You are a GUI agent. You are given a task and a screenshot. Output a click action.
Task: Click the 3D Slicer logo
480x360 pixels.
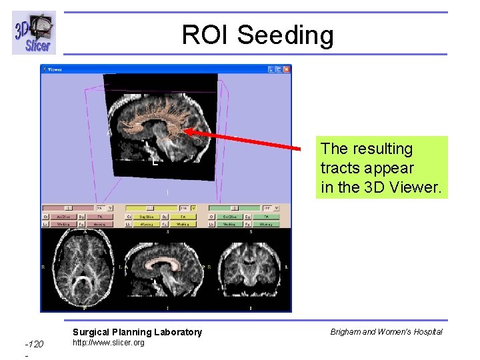(x=34, y=33)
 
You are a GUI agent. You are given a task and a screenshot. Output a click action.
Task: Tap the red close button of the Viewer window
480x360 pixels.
(x=287, y=69)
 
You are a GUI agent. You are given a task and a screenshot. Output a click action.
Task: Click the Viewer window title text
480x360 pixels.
(x=54, y=69)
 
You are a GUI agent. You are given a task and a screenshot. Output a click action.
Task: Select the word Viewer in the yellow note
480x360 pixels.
(x=413, y=187)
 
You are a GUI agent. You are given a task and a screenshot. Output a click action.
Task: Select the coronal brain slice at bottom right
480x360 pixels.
(x=250, y=270)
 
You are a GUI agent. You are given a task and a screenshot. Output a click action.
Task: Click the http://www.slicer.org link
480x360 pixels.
(x=108, y=343)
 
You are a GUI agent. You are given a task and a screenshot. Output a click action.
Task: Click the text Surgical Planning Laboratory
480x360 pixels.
(x=137, y=332)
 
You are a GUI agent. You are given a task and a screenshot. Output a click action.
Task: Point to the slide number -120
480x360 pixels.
(x=34, y=344)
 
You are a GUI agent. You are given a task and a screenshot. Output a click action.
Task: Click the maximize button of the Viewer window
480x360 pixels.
(x=279, y=69)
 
